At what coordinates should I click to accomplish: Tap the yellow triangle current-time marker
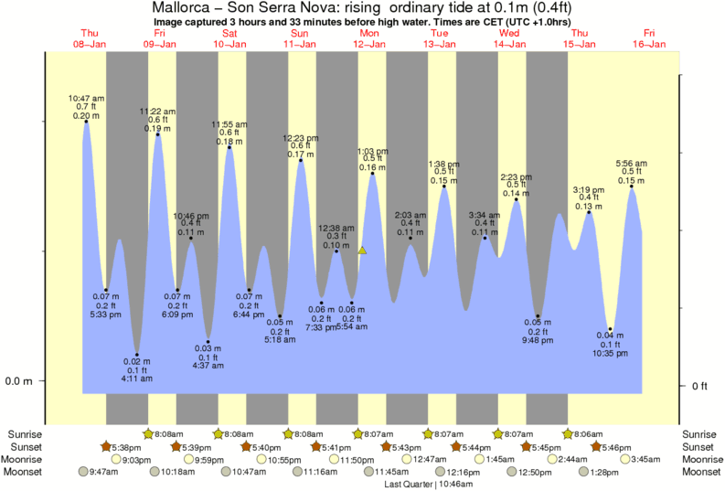(x=362, y=250)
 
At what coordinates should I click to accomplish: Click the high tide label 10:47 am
(x=87, y=97)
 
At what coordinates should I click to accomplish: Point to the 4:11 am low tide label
(x=136, y=379)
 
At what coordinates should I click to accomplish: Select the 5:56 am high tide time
(x=632, y=163)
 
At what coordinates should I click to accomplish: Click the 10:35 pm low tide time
(x=611, y=353)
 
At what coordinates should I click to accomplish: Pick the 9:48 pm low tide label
(x=538, y=340)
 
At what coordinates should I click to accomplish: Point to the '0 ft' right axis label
(x=700, y=386)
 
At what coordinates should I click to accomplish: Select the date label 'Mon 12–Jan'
(x=370, y=38)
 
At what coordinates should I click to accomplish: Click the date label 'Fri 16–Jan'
(x=649, y=38)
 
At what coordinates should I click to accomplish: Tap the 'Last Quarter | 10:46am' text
(x=428, y=485)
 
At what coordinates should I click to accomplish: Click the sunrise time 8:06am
(x=587, y=433)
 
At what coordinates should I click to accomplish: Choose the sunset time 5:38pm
(x=125, y=446)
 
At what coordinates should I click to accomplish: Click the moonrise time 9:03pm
(x=136, y=459)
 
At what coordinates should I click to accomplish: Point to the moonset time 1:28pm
(x=604, y=472)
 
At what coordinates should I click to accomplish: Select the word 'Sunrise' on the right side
(x=700, y=433)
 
